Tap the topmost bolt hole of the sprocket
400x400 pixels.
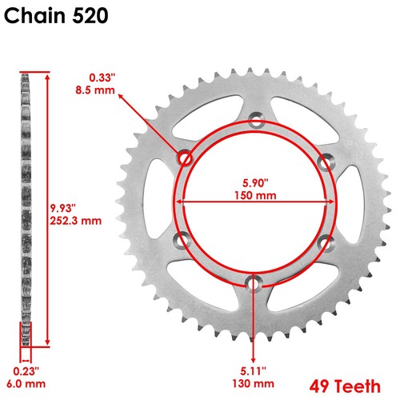point(255,122)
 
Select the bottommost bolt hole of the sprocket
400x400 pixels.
point(255,282)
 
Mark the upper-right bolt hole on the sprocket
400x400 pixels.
point(325,162)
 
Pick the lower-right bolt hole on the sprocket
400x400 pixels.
point(325,241)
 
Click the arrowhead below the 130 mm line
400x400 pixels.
point(255,358)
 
